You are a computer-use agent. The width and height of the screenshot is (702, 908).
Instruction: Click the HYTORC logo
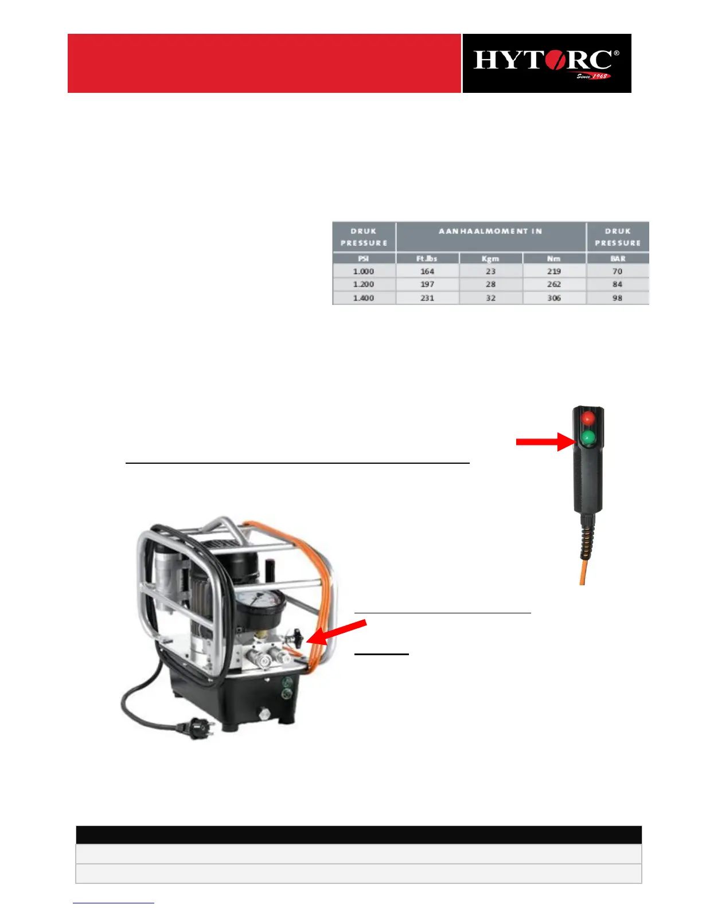pyautogui.click(x=546, y=63)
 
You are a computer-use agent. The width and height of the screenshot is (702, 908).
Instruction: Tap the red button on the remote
pyautogui.click(x=588, y=418)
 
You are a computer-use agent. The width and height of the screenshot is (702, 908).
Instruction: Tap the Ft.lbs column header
pyautogui.click(x=427, y=259)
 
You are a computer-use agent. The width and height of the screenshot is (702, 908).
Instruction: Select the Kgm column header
pyautogui.click(x=491, y=259)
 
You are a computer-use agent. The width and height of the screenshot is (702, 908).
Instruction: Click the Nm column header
pyautogui.click(x=554, y=259)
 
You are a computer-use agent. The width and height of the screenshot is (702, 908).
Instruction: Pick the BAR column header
pyautogui.click(x=618, y=259)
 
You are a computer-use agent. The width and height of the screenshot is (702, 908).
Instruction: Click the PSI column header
pyautogui.click(x=364, y=259)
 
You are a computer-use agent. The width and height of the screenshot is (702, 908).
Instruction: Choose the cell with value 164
pyautogui.click(x=427, y=271)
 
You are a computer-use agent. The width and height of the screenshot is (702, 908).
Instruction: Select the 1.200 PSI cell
pyautogui.click(x=364, y=284)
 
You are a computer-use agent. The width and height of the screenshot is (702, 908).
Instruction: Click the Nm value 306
pyautogui.click(x=554, y=298)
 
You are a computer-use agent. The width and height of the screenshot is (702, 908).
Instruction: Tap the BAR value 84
pyautogui.click(x=618, y=284)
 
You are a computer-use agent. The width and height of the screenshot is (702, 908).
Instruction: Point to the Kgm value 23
pyautogui.click(x=491, y=271)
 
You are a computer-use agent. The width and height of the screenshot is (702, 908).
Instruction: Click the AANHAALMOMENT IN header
pyautogui.click(x=490, y=232)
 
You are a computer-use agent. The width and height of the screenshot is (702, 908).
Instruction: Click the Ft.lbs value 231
pyautogui.click(x=427, y=298)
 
